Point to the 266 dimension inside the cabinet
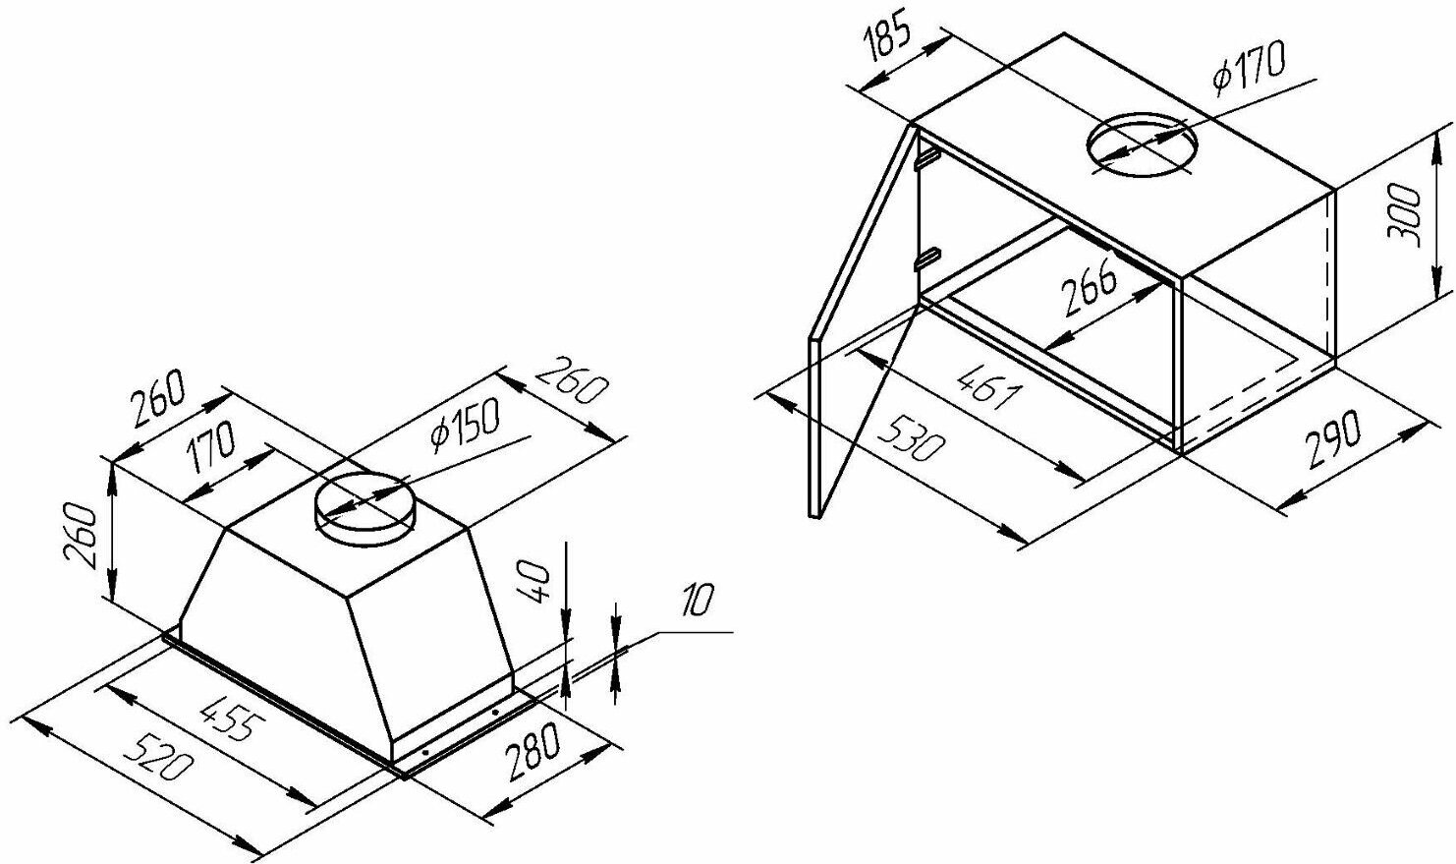point(1089,285)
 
